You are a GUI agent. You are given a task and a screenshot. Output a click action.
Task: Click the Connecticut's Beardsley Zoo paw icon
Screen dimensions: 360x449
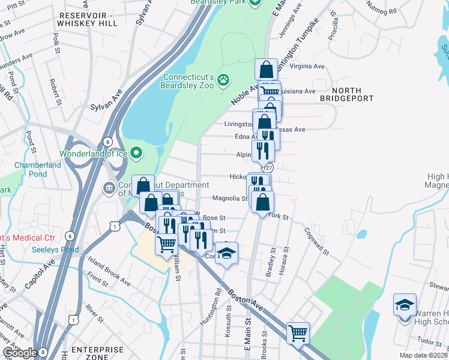point(223,79)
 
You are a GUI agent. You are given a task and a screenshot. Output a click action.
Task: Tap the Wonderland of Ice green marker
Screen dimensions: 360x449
point(136,153)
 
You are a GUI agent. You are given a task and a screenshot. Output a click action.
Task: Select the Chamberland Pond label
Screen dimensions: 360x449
point(37,169)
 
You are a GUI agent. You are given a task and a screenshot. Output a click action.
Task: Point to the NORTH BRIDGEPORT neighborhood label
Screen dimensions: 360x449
point(348,94)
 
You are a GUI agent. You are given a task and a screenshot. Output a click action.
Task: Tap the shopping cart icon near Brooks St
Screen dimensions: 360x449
point(298,333)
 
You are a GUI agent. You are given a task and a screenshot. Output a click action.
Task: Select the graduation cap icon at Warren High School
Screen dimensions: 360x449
point(405,304)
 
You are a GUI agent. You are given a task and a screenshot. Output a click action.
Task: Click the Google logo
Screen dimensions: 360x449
point(20,353)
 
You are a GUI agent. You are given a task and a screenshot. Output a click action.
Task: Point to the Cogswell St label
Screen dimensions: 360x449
point(317,241)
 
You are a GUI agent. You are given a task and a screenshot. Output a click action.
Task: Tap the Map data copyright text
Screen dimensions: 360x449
point(424,355)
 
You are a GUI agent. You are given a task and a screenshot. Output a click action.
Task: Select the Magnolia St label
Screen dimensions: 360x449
point(229,199)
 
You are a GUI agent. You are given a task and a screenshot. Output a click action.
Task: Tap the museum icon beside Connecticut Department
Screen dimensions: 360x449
point(109,188)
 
